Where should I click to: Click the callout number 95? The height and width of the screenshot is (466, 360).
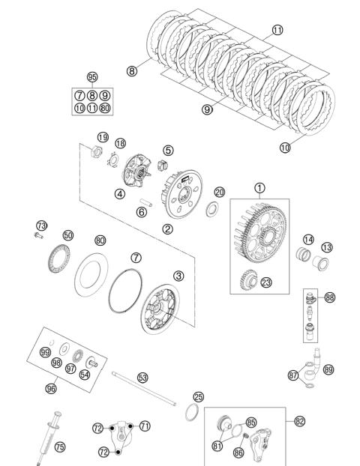point(92,77)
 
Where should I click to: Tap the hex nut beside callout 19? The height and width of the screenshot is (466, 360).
point(96,152)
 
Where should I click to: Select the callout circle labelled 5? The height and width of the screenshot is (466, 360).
point(169,151)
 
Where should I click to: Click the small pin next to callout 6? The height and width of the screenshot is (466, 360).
point(146,202)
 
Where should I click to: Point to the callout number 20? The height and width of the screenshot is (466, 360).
point(220,193)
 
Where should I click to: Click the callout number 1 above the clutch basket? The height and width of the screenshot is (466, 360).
point(259,188)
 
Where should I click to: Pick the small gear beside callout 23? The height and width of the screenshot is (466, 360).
point(249,280)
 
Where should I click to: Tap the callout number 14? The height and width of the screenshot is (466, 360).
point(308,240)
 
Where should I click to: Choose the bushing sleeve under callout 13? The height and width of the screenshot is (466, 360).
point(321,263)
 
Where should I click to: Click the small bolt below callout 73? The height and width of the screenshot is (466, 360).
point(38,236)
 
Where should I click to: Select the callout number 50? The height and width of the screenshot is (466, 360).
point(68,235)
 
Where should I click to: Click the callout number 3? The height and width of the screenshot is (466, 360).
point(178,276)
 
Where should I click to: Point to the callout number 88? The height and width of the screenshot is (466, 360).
point(330,297)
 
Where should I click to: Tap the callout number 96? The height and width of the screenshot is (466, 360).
point(51,388)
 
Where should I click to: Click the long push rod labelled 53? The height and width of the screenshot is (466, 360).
point(144,388)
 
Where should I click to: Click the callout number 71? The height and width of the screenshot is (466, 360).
point(145,426)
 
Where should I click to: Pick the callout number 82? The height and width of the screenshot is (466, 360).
point(299,421)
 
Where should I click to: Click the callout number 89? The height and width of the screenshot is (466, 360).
point(328,370)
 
